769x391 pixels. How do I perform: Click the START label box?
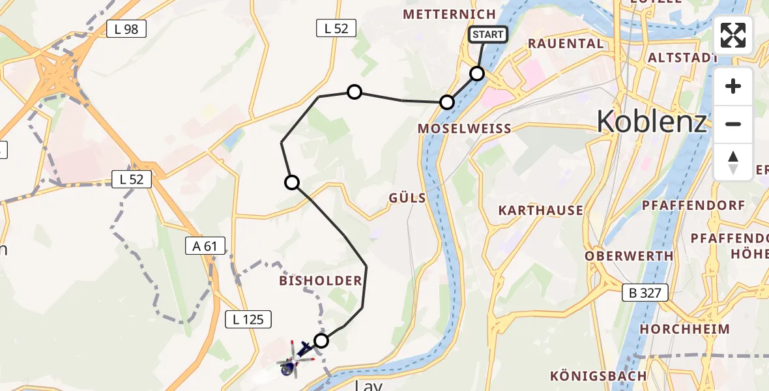[x=487, y=35]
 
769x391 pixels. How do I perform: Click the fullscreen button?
[x=733, y=35]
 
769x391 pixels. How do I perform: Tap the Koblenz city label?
[x=651, y=121]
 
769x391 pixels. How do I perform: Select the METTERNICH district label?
[x=449, y=14]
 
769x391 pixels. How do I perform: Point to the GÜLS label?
[x=407, y=197]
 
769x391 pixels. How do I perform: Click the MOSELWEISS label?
[x=465, y=128]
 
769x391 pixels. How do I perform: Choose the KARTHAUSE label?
[x=541, y=210]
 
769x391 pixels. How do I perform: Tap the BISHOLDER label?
[x=320, y=281]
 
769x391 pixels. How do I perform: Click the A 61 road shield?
[x=205, y=246]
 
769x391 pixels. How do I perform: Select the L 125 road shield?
[x=248, y=319]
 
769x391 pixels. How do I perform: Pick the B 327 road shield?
[x=645, y=293]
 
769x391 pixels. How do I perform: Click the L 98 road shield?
[x=126, y=29]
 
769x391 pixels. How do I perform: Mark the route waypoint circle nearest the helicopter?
[x=321, y=340]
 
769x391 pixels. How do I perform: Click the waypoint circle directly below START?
[x=477, y=74]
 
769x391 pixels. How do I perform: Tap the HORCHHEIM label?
[x=685, y=329]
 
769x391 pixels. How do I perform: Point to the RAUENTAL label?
[x=566, y=44]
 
